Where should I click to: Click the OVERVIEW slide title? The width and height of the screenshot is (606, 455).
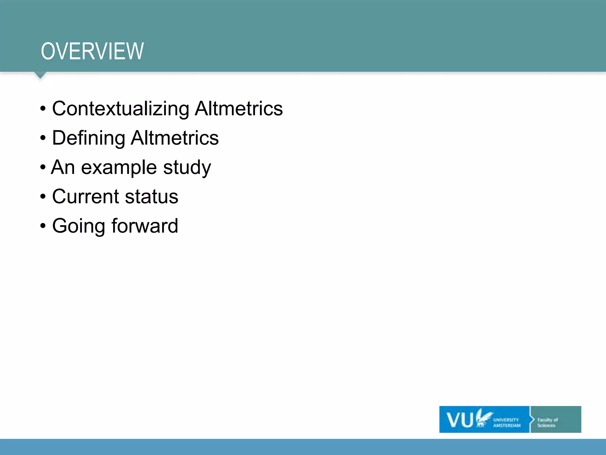(92, 51)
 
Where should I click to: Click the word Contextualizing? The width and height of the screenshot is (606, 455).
(120, 109)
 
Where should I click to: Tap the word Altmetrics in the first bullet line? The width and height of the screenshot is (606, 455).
(238, 108)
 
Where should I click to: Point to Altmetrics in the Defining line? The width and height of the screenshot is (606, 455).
(175, 138)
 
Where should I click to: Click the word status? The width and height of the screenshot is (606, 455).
(151, 197)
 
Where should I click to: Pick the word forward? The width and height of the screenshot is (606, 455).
(145, 226)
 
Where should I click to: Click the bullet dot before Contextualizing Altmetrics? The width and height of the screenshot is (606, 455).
(43, 109)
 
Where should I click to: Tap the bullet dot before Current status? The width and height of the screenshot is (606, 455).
(43, 197)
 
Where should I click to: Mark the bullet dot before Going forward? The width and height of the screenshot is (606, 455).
(43, 226)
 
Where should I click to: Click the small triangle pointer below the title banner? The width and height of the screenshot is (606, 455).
(40, 75)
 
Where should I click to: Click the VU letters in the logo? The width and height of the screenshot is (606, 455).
(460, 420)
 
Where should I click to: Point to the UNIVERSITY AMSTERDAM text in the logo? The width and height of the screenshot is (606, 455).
(506, 422)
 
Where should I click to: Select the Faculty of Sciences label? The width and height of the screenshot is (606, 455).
(547, 422)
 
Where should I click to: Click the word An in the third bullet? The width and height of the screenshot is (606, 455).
(63, 167)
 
